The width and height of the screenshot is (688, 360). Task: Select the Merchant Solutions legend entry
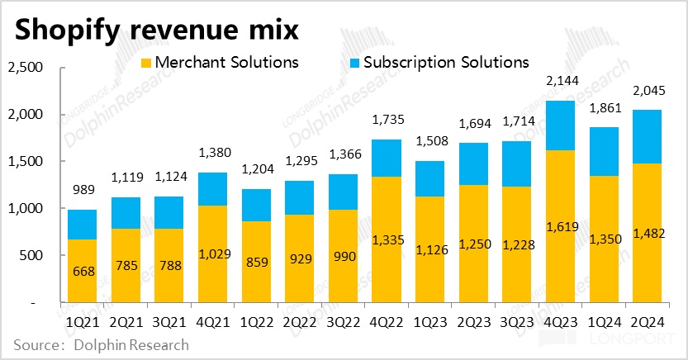coord(220,62)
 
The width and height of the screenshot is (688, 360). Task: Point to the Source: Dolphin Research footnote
coord(100,344)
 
